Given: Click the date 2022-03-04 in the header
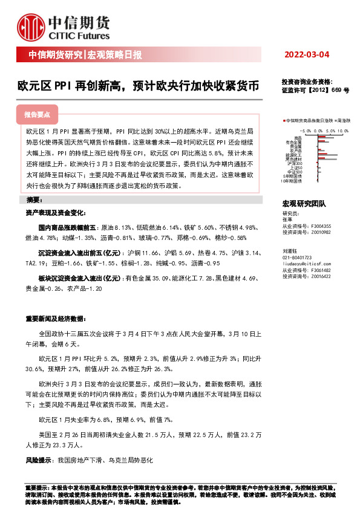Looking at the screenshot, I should pos(307,55).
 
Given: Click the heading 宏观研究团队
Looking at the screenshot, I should pos(304,205).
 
